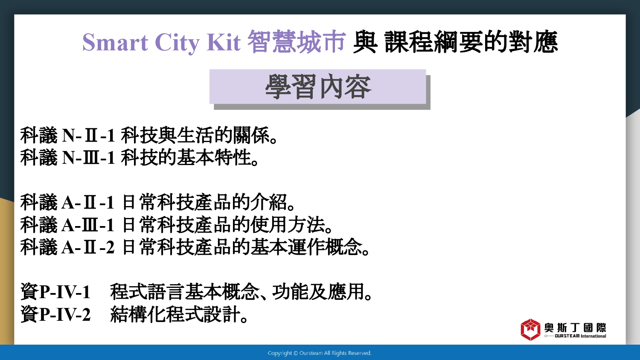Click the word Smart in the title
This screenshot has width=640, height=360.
115,42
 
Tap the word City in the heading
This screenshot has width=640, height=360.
177,43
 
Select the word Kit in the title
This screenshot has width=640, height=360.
224,42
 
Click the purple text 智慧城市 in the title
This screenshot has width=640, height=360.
296,42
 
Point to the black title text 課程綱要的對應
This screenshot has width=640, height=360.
471,42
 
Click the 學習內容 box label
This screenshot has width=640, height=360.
318,87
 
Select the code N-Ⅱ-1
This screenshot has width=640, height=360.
88,136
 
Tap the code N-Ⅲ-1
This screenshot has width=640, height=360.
88,158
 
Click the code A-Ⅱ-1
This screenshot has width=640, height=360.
88,202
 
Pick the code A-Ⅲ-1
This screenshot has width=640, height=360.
88,225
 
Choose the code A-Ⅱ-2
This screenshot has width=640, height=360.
88,247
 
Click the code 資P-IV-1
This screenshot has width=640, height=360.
55,292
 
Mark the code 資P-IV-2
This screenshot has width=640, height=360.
55,314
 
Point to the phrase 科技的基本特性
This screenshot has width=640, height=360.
186,158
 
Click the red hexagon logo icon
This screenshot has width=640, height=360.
530,330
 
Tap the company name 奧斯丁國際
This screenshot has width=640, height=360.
575,328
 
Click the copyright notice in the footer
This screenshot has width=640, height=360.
320,353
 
